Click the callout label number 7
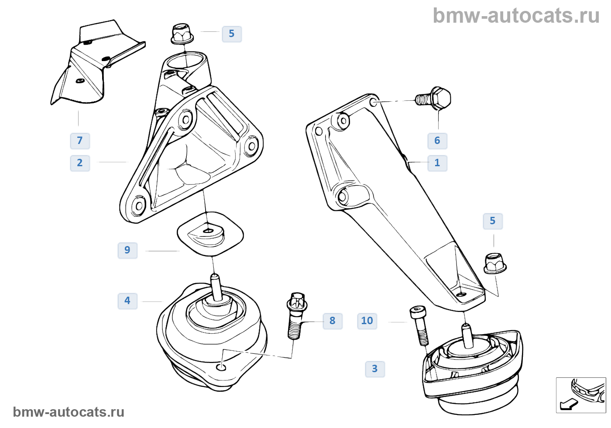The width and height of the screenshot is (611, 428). click(80, 141)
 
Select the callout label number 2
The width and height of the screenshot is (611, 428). click(80, 163)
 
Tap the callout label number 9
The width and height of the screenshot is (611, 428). click(127, 250)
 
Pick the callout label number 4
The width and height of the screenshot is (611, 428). click(127, 301)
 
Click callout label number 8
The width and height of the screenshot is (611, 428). click(333, 321)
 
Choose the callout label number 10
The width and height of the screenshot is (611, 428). click(367, 321)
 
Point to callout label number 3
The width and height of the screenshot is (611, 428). click(375, 369)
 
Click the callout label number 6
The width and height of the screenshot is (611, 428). click(437, 141)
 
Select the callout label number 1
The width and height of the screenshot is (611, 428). click(437, 163)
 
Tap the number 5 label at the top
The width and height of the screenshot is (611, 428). click(232, 34)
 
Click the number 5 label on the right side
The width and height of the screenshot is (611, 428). click(493, 221)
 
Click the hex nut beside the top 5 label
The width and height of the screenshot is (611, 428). click(182, 34)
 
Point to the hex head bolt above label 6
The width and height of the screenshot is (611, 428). click(435, 98)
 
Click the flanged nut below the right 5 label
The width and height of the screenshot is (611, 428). click(495, 263)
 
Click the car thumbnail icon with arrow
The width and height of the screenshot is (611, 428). click(581, 395)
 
